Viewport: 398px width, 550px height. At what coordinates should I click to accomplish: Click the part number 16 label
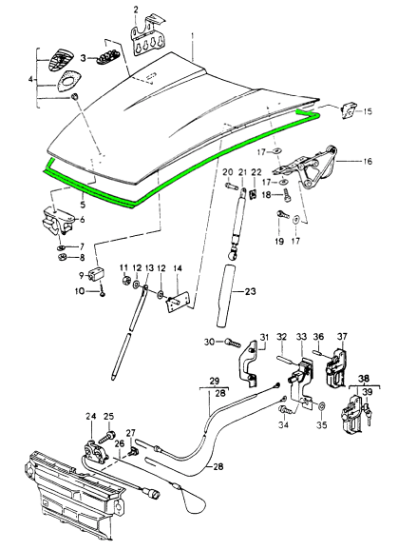[x=368, y=162]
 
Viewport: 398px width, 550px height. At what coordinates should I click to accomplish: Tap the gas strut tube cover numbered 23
[x=226, y=296]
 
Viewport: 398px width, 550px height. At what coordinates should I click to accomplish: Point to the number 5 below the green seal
[x=83, y=205]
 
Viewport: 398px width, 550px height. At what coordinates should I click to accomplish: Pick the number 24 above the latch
[x=90, y=417]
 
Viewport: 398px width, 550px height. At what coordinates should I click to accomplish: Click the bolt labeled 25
[x=106, y=436]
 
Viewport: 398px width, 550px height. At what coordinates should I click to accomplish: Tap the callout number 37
[x=342, y=337]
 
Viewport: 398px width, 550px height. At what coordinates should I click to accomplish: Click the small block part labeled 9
[x=96, y=274]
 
